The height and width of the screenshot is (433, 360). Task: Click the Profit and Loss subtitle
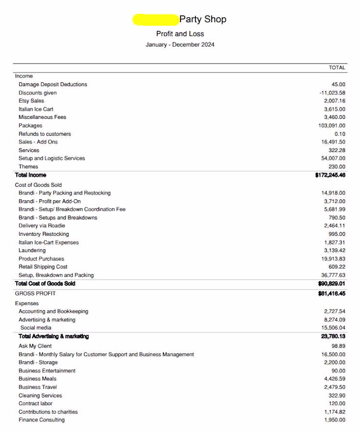pos(180,34)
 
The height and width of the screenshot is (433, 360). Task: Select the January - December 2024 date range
pos(180,45)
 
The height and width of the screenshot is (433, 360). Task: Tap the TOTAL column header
pos(337,68)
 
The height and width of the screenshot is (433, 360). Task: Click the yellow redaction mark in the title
pos(155,19)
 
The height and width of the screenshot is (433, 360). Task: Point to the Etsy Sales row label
pos(31,101)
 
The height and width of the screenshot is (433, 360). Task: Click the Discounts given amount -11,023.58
pos(332,93)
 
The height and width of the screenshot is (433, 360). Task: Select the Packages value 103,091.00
pos(332,126)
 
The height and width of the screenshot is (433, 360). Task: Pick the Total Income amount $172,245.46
pos(330,175)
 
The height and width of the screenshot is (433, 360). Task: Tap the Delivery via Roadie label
pos(42,226)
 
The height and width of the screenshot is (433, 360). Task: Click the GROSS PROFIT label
pos(35,293)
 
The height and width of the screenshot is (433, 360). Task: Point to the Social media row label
pos(36,328)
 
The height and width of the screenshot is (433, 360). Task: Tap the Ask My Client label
pos(35,346)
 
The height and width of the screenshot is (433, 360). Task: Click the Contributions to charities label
pos(48,412)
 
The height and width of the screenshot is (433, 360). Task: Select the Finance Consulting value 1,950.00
pos(334,420)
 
